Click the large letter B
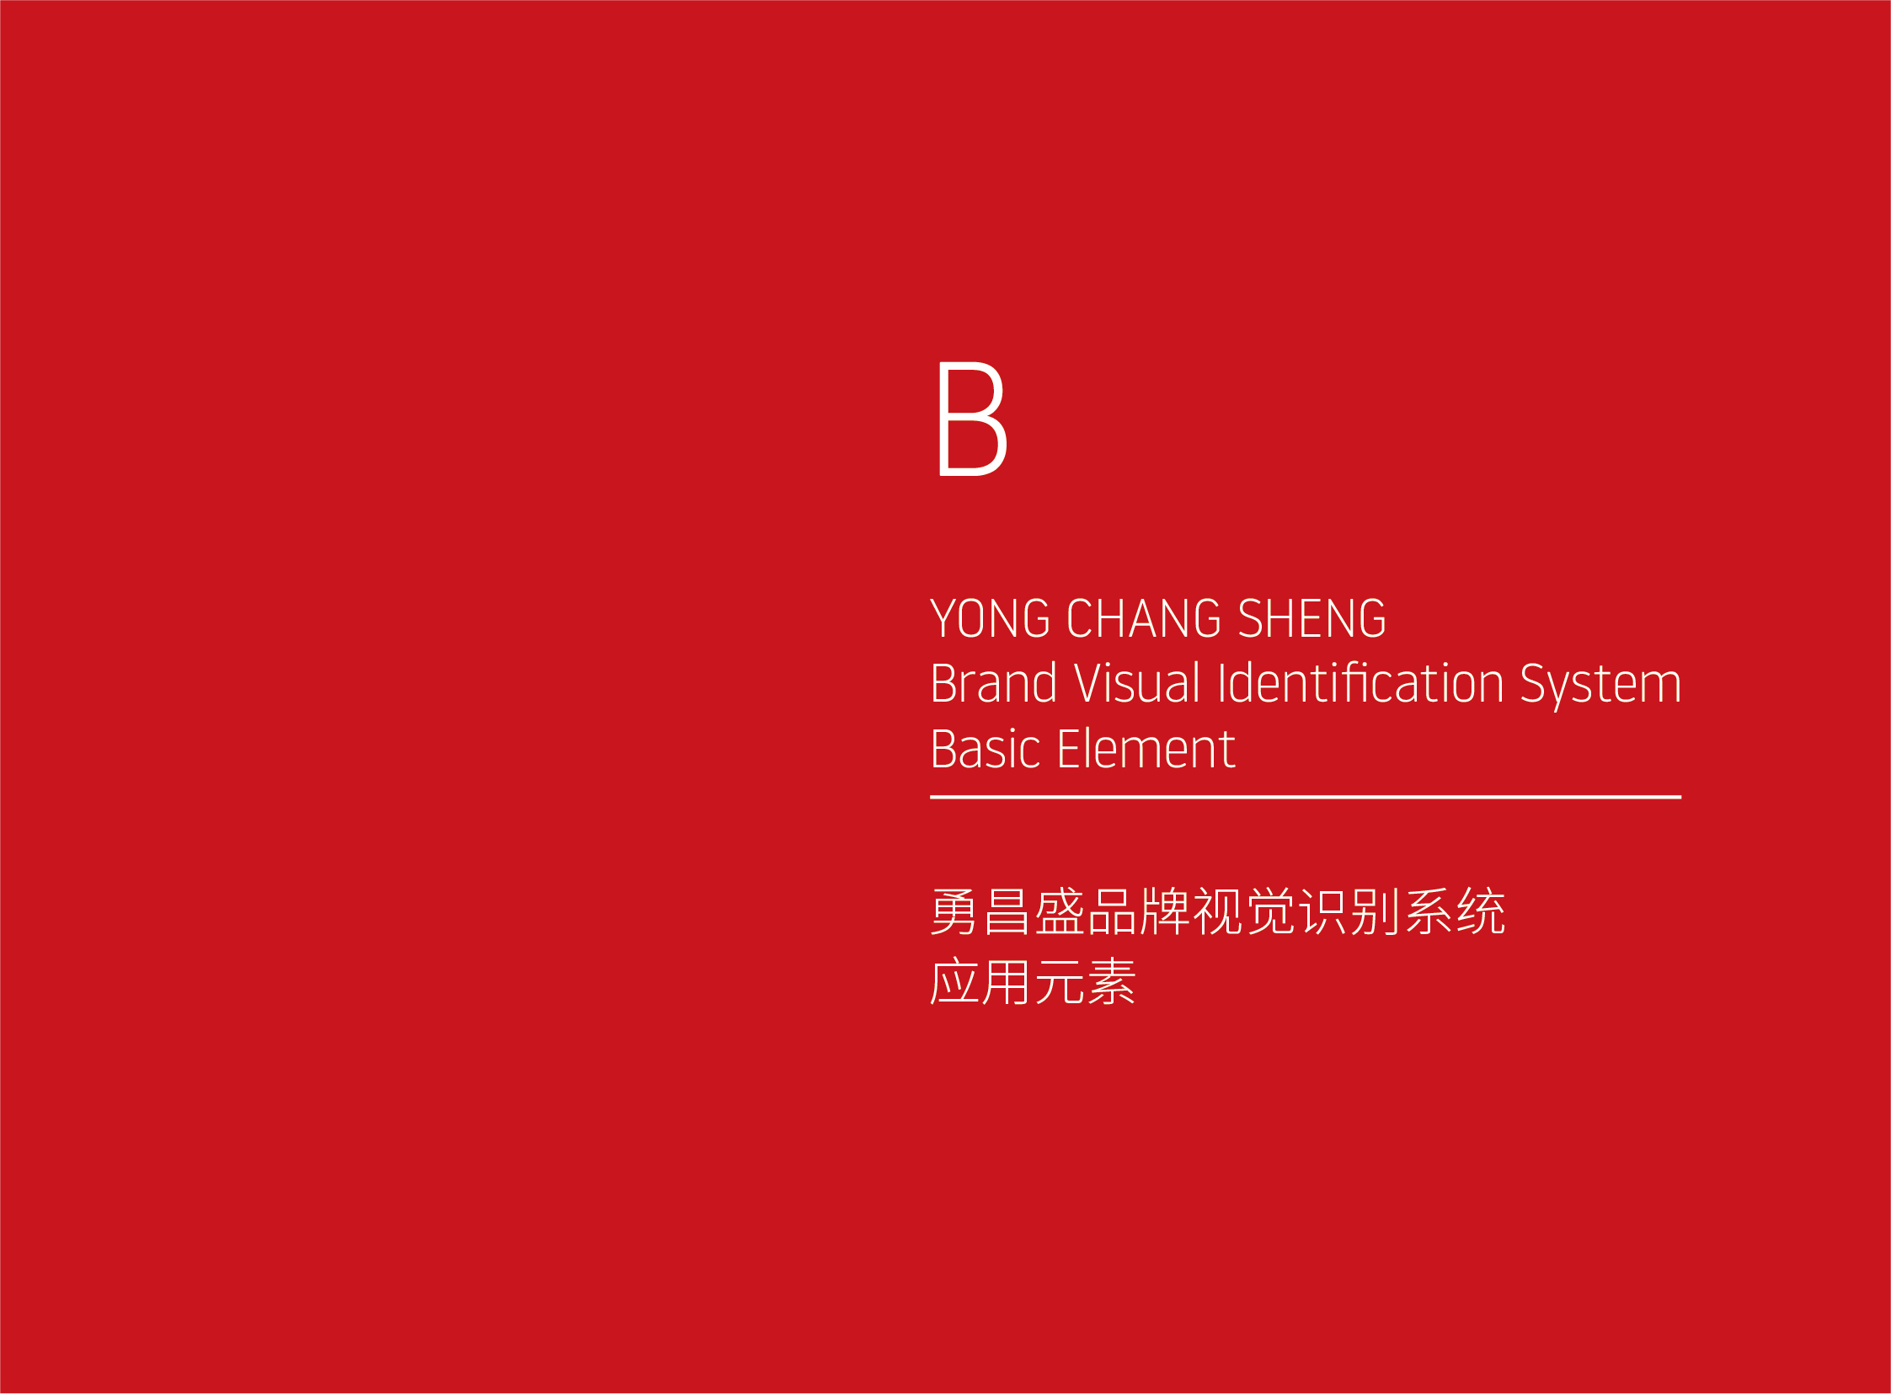point(973,419)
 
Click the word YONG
point(990,618)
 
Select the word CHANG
point(1144,618)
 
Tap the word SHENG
point(1312,618)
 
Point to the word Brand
point(993,682)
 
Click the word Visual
point(1136,682)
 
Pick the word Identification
point(1361,682)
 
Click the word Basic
point(986,749)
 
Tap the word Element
point(1146,749)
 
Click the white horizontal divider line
point(1306,797)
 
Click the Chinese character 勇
point(954,911)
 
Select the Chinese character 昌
point(1007,911)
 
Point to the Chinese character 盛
point(1059,911)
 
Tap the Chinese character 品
point(1112,911)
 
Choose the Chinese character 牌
point(1164,911)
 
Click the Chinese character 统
point(1481,911)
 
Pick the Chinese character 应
point(954,981)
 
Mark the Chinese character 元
point(1060,981)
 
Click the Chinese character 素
point(1112,981)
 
